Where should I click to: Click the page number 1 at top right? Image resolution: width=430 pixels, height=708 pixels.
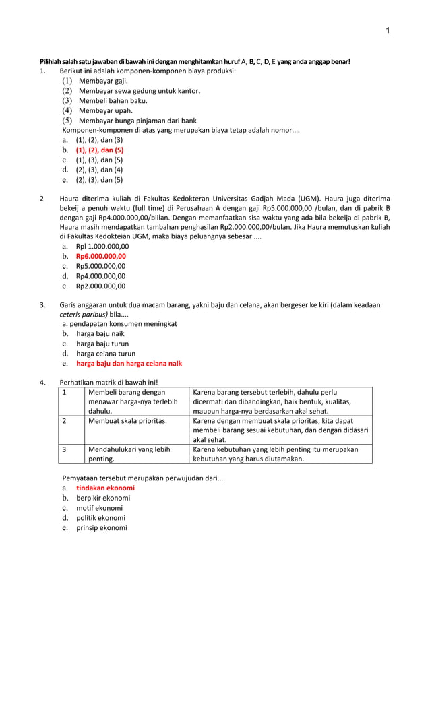tap(388, 30)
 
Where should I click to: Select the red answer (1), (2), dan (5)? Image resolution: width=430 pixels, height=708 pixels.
tap(99, 150)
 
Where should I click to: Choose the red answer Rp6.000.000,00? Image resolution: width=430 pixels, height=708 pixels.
tap(100, 257)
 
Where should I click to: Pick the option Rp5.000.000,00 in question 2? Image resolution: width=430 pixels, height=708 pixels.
tap(100, 266)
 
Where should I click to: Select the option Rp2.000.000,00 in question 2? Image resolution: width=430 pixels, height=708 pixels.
tap(100, 286)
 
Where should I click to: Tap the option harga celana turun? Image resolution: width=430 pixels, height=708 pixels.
tap(105, 354)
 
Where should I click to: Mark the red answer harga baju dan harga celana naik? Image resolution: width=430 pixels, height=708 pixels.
tap(129, 364)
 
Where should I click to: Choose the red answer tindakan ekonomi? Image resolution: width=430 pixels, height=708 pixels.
tap(105, 488)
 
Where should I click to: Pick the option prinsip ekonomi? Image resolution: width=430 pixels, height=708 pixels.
tap(101, 528)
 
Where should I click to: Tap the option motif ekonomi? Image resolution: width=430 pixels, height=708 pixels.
tap(99, 508)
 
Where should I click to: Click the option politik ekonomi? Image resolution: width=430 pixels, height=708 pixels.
tap(100, 518)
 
